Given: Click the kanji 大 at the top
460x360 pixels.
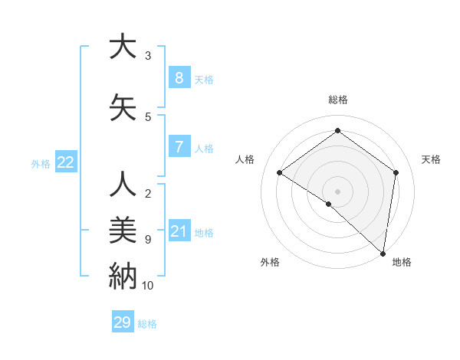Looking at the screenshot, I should click(122, 47).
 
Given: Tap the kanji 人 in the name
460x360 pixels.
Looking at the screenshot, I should click(122, 185).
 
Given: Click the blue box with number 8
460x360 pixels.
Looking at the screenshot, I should click(179, 78).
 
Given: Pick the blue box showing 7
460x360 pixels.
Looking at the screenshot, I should click(179, 148).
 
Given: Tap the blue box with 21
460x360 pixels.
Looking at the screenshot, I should click(179, 232).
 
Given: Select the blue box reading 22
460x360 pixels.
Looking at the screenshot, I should click(66, 162).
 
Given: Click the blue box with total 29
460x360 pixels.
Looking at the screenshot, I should click(123, 322).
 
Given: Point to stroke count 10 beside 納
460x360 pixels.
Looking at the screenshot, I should click(148, 286).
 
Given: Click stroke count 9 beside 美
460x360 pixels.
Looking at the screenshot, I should click(148, 240).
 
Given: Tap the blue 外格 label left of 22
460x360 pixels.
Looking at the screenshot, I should click(41, 163).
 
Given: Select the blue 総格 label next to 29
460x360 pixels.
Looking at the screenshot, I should click(148, 324).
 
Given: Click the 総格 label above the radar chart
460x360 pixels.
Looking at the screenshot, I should click(337, 100).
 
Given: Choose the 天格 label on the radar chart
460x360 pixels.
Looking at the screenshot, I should click(432, 159).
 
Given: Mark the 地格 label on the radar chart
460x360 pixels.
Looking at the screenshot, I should click(402, 262).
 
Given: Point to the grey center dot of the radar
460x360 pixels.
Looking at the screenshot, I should click(337, 191).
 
